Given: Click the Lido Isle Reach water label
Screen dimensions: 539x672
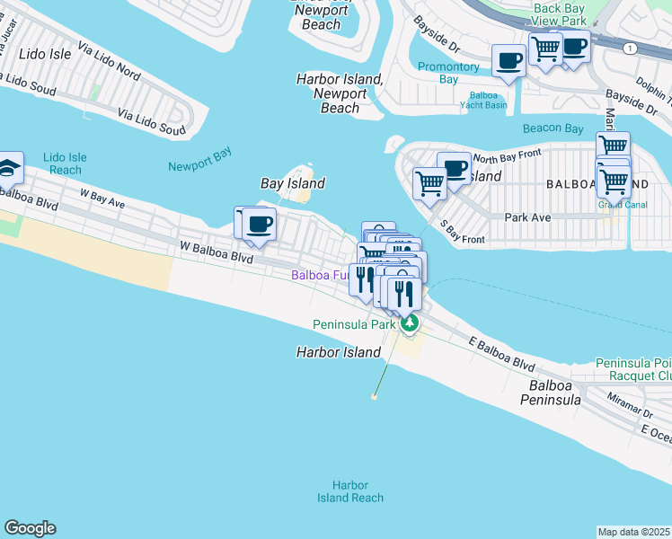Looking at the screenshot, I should pos(66,163).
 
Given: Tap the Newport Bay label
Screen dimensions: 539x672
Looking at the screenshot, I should pos(199,159).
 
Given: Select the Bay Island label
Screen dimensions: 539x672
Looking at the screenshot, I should pos(292,183).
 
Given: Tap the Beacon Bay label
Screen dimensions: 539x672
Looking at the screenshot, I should pos(553,128).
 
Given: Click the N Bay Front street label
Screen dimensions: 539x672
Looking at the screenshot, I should pos(507,155).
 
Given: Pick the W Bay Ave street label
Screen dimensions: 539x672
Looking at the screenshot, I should pos(102,198).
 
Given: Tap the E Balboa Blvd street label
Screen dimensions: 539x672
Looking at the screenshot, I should pos(502,355).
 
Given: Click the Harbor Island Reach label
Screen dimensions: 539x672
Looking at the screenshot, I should pos(349,491).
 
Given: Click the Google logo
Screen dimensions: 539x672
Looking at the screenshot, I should pos(30,528).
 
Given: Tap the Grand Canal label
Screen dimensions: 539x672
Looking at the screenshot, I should pos(617,204).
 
